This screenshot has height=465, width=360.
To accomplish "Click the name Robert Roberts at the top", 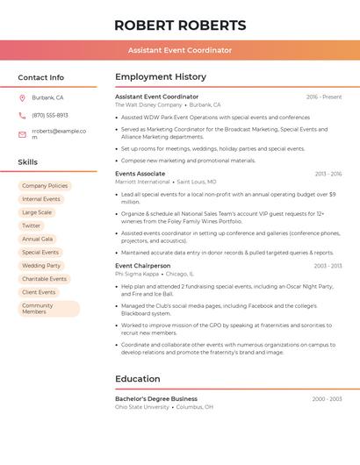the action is tap(180, 25).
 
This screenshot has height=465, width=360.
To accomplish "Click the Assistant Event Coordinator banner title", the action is tap(180, 50).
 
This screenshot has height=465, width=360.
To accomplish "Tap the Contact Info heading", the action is tap(41, 77).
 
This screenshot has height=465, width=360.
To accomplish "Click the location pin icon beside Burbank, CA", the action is tap(22, 97).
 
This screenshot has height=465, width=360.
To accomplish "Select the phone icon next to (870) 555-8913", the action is tap(22, 115).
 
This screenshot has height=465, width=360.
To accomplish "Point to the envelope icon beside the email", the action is tap(22, 134).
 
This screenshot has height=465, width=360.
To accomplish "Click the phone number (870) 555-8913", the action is tap(50, 115).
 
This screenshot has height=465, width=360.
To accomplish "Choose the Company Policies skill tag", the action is tap(45, 186).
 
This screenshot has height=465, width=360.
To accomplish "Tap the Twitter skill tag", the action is tap(32, 225).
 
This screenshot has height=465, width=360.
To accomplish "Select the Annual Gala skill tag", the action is tap(38, 239).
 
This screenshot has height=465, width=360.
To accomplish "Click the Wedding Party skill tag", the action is tap(41, 265).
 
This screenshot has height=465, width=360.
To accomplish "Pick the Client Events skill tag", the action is tap(39, 292).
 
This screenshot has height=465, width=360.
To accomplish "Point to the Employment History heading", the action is tap(161, 77).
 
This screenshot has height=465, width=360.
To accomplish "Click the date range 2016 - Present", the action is tap(324, 97).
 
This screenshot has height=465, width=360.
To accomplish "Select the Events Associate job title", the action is tap(140, 174).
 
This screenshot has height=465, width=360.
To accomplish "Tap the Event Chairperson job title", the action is tap(143, 265).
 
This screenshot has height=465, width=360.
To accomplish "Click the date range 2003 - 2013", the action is tap(327, 265).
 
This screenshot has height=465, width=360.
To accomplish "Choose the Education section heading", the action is tap(138, 379).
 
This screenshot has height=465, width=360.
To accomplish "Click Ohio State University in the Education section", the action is tap(142, 407).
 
